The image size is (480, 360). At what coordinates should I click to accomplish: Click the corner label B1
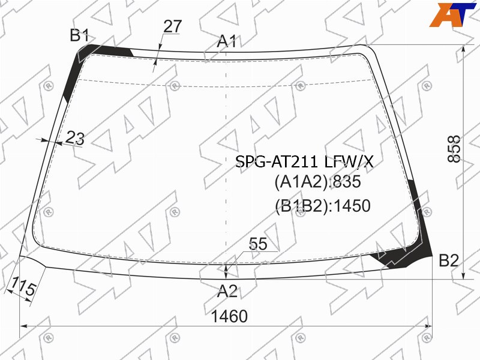pos(79,35)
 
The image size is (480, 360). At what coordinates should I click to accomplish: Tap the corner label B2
pos(449,260)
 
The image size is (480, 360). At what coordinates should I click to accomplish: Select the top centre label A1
pos(227,41)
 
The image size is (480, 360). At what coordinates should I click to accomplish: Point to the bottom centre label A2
pos(227,291)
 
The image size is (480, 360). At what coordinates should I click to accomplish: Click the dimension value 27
pos(173,26)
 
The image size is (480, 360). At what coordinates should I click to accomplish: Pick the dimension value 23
pos(75,137)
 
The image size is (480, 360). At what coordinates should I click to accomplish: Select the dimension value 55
pos(258,244)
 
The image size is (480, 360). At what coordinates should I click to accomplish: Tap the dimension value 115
pos(22,287)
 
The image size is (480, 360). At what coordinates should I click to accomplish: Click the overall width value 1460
pos(229,316)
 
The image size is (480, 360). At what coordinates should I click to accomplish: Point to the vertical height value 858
pos(454,149)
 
